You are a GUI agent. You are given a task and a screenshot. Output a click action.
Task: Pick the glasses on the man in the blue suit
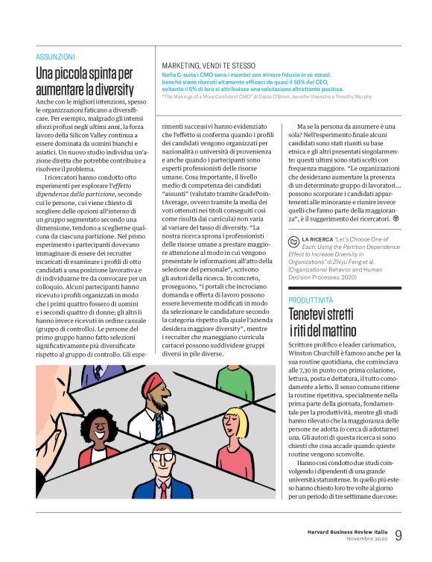tap(161, 452)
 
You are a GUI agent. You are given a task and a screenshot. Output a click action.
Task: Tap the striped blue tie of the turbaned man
tap(159, 425)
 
